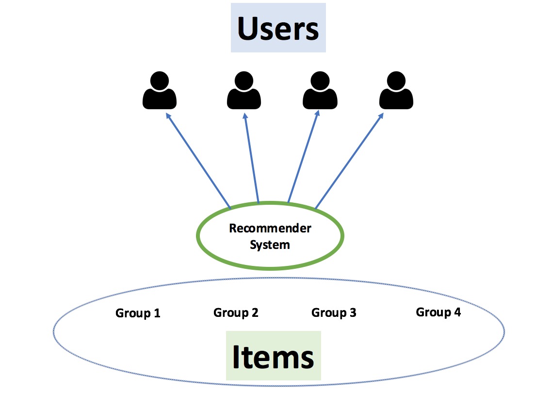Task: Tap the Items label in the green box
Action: tap(273, 357)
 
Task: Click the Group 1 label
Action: tap(138, 313)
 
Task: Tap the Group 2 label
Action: tap(236, 313)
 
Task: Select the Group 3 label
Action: tap(334, 313)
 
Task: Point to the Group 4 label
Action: tap(438, 312)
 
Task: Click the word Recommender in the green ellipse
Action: tap(270, 228)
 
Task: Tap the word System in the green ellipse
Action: tap(270, 244)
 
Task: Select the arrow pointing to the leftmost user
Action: tap(198, 161)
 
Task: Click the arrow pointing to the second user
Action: tap(251, 160)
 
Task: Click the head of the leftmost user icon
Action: tap(160, 80)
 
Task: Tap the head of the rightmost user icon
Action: tap(396, 80)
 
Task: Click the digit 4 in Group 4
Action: tap(457, 312)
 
